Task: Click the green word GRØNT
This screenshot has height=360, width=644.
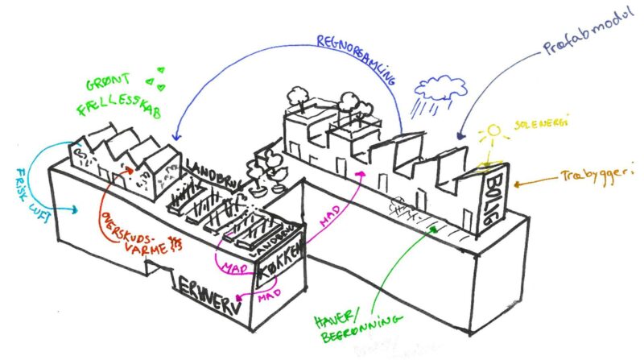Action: point(109,85)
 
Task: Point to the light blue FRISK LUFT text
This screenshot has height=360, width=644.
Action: point(23,190)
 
